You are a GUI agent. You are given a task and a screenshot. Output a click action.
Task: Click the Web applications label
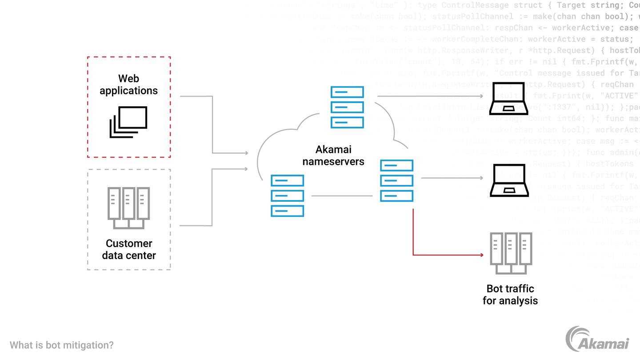point(128,84)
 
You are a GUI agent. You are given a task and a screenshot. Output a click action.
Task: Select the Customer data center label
point(129,249)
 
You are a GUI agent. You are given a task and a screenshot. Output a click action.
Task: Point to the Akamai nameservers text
point(333,156)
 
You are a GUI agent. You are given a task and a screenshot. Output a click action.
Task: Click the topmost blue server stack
point(347,107)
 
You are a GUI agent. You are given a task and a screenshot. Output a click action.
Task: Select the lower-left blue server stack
point(288,196)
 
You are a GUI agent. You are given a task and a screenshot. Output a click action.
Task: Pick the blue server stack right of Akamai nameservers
point(396,181)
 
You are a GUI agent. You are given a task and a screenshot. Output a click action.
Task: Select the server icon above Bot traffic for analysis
point(511,253)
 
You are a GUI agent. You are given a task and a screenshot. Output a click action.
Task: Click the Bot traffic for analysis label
point(510,295)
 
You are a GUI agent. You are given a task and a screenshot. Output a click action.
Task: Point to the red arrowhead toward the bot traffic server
point(481,255)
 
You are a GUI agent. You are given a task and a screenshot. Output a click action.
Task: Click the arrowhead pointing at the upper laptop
point(481,96)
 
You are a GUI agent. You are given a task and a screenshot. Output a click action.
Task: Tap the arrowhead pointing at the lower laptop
point(481,178)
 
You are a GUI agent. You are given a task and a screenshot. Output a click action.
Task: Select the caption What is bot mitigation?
point(62,345)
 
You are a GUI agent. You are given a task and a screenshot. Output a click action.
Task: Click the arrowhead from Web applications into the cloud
point(245,153)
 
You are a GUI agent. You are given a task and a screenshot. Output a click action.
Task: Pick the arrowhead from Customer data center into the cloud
point(245,169)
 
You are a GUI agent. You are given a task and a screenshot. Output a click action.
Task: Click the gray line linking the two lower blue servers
point(342,196)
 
